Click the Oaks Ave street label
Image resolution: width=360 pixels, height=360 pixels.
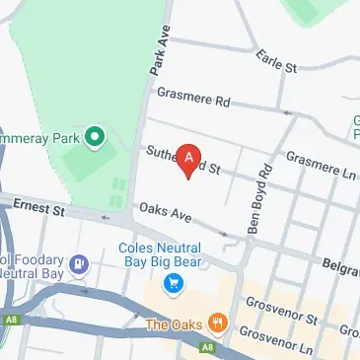point(165,212)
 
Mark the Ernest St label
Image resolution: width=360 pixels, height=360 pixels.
point(40,208)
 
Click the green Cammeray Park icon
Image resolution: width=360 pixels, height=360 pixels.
point(95,135)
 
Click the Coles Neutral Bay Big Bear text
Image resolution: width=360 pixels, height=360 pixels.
point(161,254)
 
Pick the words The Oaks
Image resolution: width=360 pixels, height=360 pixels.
point(174,324)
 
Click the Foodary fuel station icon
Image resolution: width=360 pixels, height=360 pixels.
point(79,264)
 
